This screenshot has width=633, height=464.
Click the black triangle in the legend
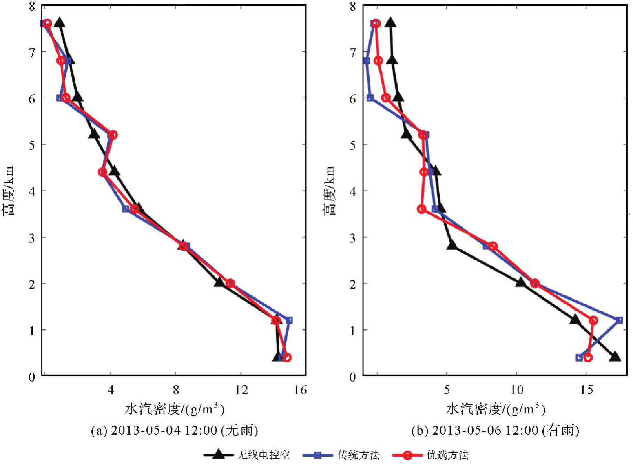(x=219, y=454)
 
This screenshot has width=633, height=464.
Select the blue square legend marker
(x=318, y=455)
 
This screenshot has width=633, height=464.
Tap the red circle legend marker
(x=407, y=455)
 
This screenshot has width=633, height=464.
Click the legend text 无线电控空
(x=263, y=455)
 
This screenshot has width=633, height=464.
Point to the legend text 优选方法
(x=447, y=455)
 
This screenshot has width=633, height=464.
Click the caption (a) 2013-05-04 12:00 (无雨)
(x=174, y=430)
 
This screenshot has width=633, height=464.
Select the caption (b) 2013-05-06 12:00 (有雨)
(x=495, y=430)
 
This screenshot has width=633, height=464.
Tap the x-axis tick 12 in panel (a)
(x=241, y=390)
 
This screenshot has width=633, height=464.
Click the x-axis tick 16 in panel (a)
(x=300, y=390)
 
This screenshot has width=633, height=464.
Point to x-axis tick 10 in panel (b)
(x=517, y=390)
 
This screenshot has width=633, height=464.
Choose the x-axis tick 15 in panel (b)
(x=586, y=390)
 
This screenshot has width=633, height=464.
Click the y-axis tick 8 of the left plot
(x=32, y=6)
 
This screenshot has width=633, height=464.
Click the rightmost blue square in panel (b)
(x=619, y=320)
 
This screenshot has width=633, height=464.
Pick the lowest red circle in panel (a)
(x=287, y=357)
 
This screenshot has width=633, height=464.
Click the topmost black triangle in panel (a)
(x=60, y=23)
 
